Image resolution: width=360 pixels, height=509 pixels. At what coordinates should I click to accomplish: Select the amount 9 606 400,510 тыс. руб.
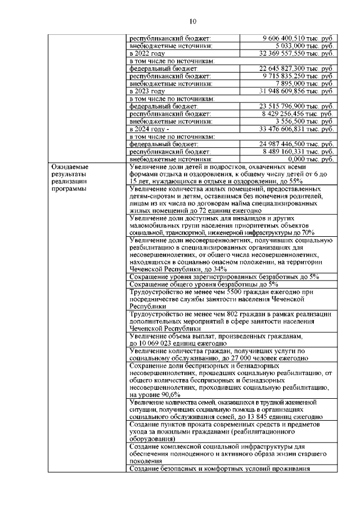tap(298, 38)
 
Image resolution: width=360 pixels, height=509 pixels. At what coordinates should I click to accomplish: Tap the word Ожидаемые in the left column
tap(70, 167)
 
